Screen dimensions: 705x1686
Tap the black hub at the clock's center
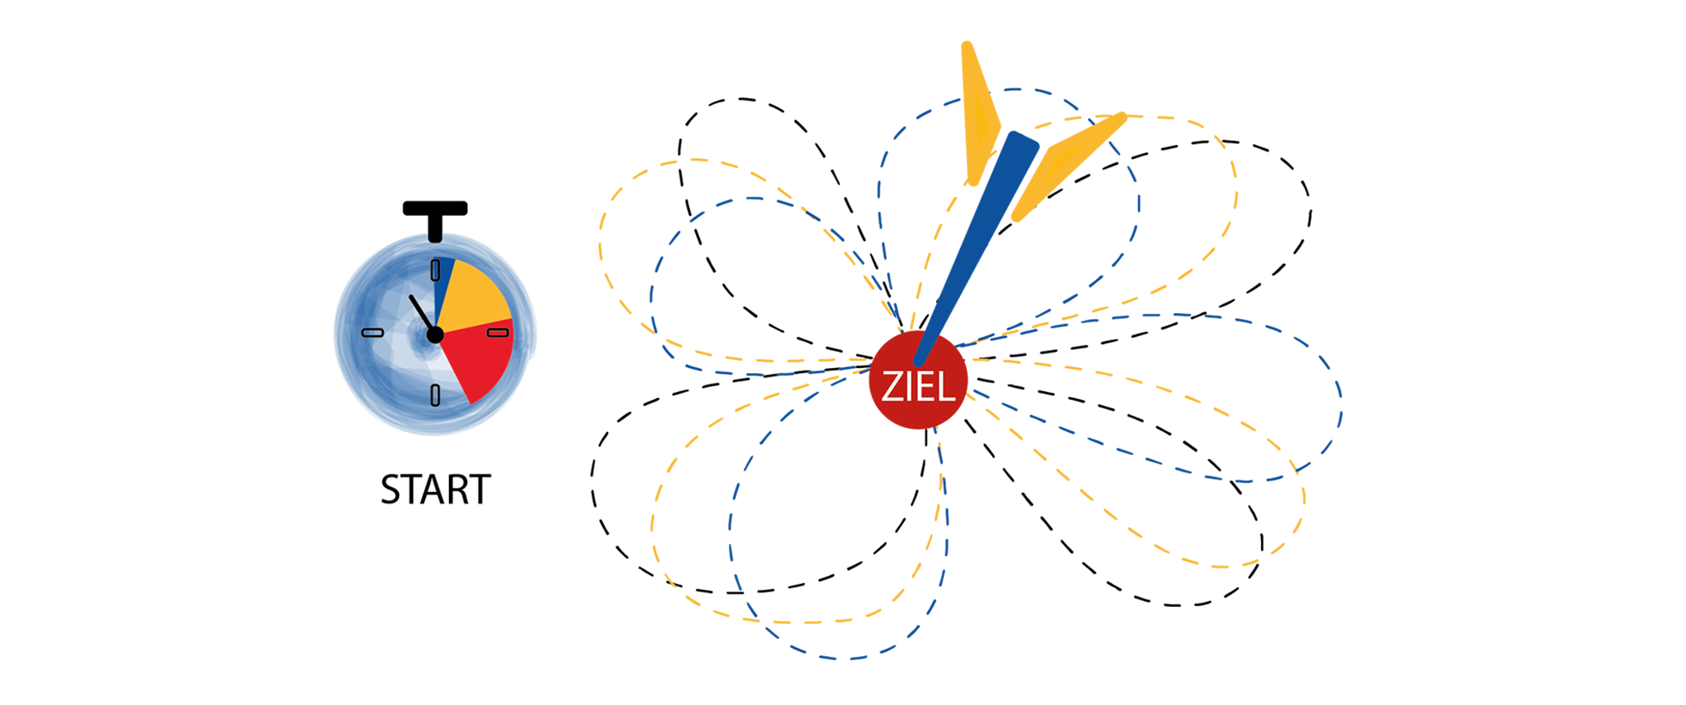point(435,334)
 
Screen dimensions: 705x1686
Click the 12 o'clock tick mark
point(435,270)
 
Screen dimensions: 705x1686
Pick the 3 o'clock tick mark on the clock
point(499,333)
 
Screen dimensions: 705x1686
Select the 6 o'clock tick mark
point(435,395)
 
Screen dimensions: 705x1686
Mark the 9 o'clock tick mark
point(372,333)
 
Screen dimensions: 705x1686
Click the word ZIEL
point(918,389)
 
